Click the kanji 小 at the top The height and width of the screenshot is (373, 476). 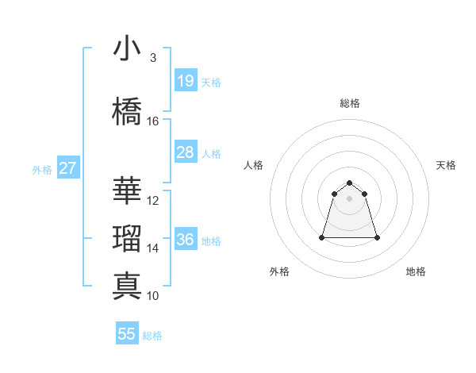pyautogui.click(x=128, y=49)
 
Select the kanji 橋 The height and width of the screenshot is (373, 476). pyautogui.click(x=128, y=112)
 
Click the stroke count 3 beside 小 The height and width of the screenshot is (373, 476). pyautogui.click(x=153, y=58)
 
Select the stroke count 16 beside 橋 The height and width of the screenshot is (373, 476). pyautogui.click(x=153, y=121)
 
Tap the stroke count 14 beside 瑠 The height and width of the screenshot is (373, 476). pyautogui.click(x=153, y=248)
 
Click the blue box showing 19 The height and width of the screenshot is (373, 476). pyautogui.click(x=185, y=81)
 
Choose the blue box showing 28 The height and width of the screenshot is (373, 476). pyautogui.click(x=185, y=152)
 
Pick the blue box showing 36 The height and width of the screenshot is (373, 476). pyautogui.click(x=185, y=240)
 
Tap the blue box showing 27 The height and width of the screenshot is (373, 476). pyautogui.click(x=68, y=168)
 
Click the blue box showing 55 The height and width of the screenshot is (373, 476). pyautogui.click(x=127, y=334)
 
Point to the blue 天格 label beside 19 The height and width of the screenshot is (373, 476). pyautogui.click(x=211, y=83)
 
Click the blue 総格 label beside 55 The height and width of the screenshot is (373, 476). pyautogui.click(x=152, y=336)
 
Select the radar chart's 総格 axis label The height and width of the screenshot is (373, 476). pyautogui.click(x=350, y=103)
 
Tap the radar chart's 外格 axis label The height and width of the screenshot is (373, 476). pyautogui.click(x=279, y=271)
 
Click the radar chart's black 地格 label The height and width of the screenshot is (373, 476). pyautogui.click(x=416, y=271)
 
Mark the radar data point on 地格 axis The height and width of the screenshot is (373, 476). pyautogui.click(x=377, y=237)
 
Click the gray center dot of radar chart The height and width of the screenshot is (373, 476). pyautogui.click(x=350, y=198)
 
